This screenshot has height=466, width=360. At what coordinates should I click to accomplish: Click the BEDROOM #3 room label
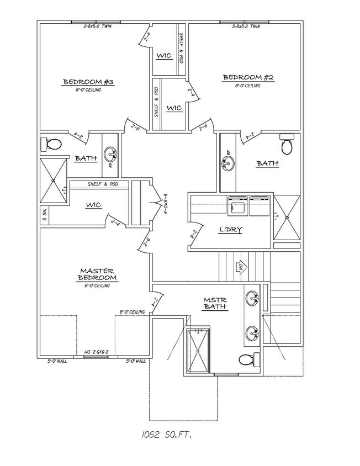[88, 82]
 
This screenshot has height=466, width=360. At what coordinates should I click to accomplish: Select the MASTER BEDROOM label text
[97, 274]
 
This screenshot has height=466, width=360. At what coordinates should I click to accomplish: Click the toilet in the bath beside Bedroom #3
[51, 145]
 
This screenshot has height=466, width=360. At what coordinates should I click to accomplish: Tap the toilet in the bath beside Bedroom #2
[287, 145]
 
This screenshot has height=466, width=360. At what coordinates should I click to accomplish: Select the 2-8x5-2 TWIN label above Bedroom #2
[246, 26]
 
